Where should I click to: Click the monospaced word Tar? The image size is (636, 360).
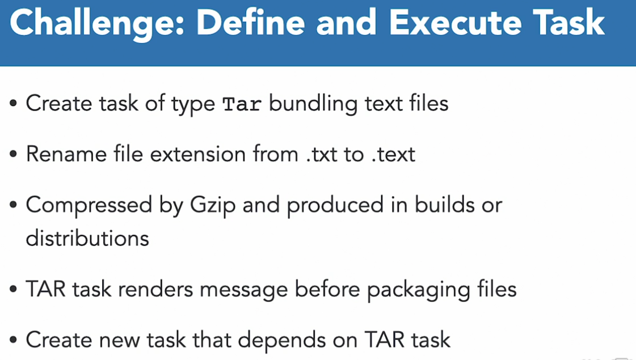coord(242,104)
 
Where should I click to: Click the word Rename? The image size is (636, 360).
coord(66,154)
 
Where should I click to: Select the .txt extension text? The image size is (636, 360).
coord(322,155)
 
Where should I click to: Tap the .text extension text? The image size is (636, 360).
coord(393,155)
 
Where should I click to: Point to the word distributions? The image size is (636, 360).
coord(87,238)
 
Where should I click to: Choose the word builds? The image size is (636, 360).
coord(444,205)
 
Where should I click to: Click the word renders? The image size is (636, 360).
coord(155,290)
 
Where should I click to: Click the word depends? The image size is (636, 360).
coord(281,340)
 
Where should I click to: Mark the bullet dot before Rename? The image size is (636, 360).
coord(14,155)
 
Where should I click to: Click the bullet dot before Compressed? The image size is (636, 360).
coord(14,205)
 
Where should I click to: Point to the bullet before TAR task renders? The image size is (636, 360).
coord(14,290)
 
